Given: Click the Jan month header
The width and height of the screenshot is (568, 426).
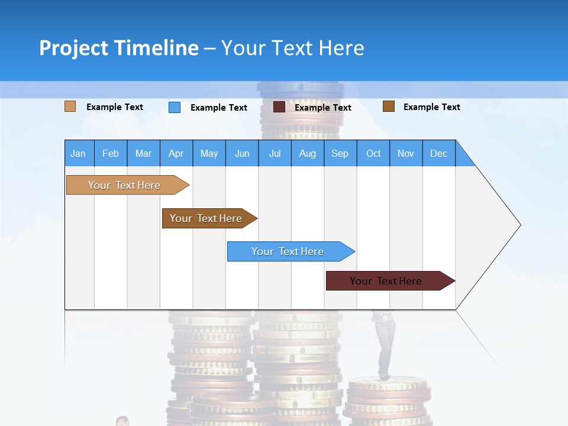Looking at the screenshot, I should tap(79, 153).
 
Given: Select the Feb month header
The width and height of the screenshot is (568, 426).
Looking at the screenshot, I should tap(111, 153).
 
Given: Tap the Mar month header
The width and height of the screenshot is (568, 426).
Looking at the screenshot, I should tap(143, 153).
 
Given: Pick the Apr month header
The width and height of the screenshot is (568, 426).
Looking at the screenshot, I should tap(176, 153).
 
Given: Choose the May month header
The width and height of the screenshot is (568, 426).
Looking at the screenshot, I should tap(209, 153).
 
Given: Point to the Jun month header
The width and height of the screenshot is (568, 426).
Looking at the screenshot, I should tap(242, 153).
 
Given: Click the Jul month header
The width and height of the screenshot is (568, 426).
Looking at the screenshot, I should tap(275, 153).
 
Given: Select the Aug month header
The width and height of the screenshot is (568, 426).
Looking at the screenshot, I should tap(308, 153).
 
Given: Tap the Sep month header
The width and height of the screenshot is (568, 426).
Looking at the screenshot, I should tap(340, 153).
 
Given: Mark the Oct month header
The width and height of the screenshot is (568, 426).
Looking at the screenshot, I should tap(373, 153).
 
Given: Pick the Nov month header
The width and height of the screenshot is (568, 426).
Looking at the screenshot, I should tap(406, 153).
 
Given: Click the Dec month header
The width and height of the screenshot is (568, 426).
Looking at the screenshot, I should tap(439, 153).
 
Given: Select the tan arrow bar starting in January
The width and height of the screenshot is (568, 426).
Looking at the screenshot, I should tap(125, 185).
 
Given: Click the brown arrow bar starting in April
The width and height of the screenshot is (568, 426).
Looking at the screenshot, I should tap(206, 218).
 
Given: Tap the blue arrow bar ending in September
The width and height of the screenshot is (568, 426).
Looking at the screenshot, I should tap(288, 251).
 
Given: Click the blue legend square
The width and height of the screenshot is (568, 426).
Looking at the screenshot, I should tap(175, 107).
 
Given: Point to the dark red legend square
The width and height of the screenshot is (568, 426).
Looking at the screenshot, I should tap(279, 107).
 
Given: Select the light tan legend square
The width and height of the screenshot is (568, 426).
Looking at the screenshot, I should tap(70, 106).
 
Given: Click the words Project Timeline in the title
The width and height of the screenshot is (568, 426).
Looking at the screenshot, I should tap(119, 48).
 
